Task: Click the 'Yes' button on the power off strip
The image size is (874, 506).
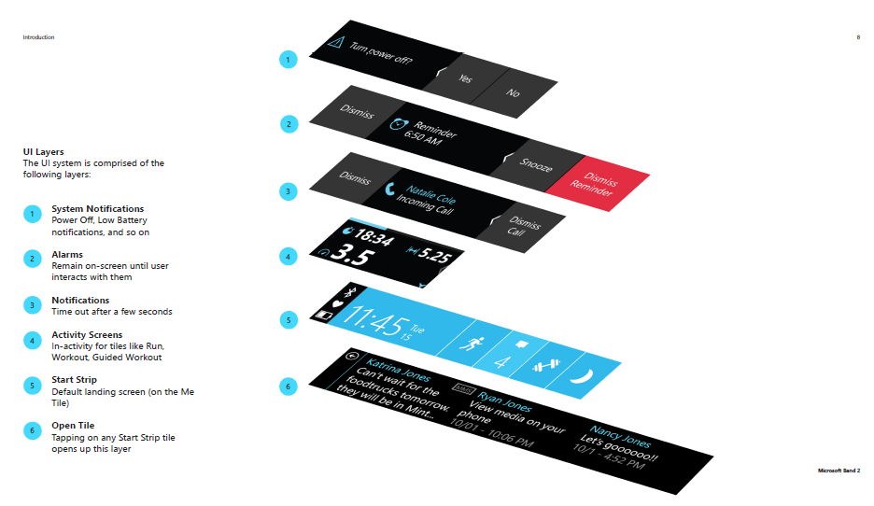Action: tap(465, 78)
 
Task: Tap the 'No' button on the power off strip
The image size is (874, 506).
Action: tap(513, 92)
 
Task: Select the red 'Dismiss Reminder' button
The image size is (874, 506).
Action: tap(597, 184)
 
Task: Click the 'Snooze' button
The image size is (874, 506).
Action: tap(536, 165)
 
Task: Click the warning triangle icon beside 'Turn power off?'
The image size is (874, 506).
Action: tap(335, 42)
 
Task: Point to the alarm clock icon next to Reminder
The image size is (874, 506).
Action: tap(398, 124)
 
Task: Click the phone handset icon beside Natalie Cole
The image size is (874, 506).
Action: tap(389, 189)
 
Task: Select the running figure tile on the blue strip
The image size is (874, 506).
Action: tap(472, 343)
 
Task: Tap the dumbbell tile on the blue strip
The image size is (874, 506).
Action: tap(545, 366)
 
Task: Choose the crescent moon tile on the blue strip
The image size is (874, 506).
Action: tap(582, 377)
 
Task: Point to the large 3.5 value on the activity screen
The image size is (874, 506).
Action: tap(352, 255)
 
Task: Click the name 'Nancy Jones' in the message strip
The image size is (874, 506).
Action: tap(620, 437)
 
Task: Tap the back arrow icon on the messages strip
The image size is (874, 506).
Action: tap(351, 356)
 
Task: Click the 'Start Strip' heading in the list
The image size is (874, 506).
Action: tap(74, 379)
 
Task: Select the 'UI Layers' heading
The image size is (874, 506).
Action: tap(44, 151)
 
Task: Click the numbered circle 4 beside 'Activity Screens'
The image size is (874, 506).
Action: tap(33, 341)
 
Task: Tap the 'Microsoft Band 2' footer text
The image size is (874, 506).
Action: tap(839, 471)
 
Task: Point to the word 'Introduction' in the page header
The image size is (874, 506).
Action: tap(38, 37)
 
